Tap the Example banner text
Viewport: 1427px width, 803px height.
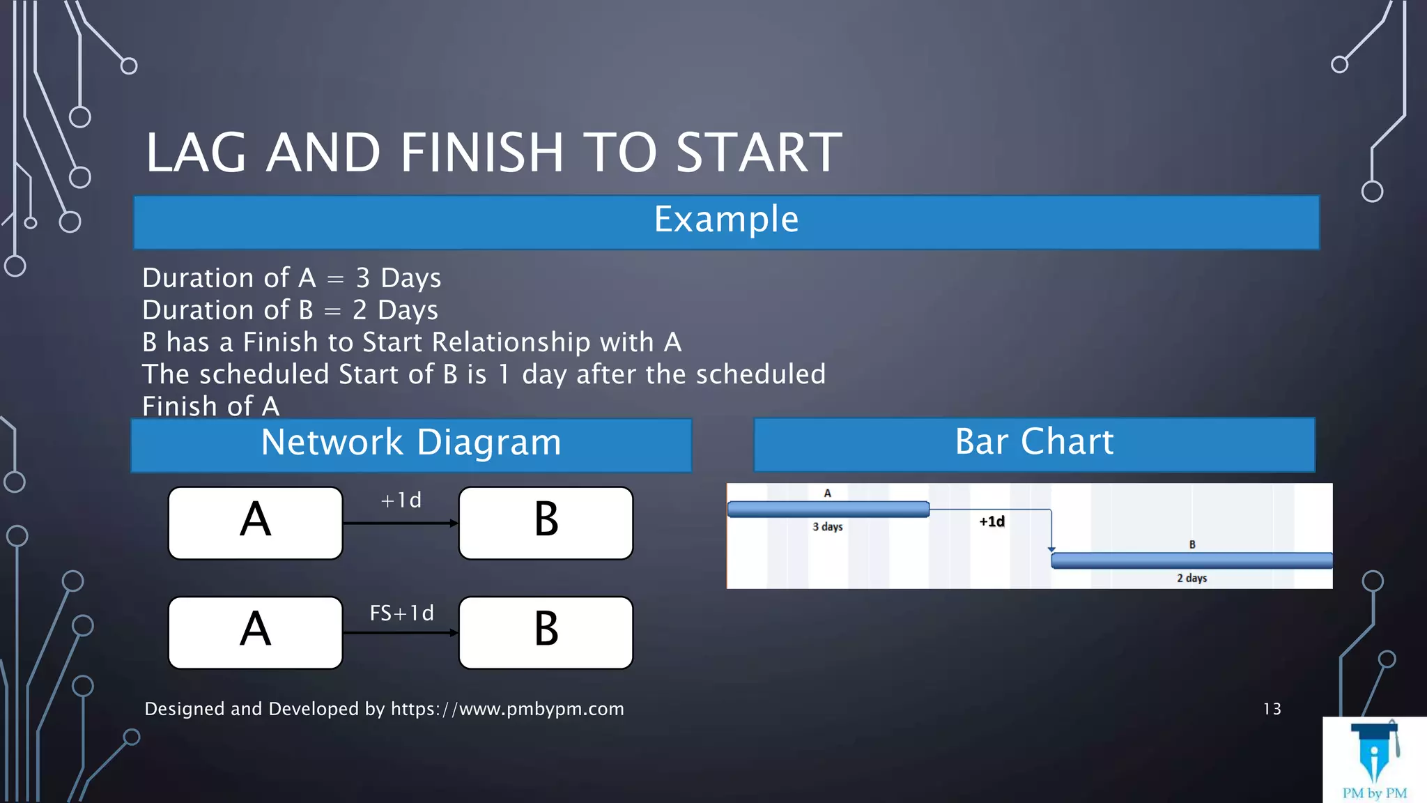point(726,220)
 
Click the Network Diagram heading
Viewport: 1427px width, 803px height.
point(411,443)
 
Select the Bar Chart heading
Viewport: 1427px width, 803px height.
point(1034,443)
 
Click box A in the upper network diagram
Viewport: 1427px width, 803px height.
point(256,523)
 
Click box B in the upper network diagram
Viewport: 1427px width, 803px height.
point(546,523)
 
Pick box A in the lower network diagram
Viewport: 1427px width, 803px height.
point(256,632)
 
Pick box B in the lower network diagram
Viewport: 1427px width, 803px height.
point(546,632)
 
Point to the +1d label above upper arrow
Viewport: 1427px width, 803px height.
point(401,500)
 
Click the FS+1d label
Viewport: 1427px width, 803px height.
point(401,613)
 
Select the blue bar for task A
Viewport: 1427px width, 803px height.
point(828,510)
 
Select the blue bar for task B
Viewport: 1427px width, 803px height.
point(1191,560)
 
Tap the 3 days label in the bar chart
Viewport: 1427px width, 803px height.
point(828,527)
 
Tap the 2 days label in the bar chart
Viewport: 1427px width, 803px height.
point(1191,579)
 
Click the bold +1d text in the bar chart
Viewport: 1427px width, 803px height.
point(992,521)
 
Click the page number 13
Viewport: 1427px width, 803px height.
point(1272,710)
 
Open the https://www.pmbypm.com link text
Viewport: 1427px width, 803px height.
point(507,710)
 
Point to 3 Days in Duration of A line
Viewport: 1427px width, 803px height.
point(398,278)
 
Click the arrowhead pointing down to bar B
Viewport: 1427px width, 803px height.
point(1051,550)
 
